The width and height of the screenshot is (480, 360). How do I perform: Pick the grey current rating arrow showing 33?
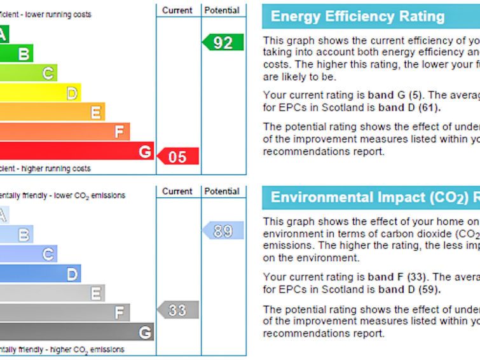point(178,310)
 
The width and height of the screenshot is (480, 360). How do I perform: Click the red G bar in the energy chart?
point(76,151)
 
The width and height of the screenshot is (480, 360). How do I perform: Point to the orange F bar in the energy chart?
point(64,132)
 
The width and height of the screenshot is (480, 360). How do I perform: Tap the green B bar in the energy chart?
point(16,53)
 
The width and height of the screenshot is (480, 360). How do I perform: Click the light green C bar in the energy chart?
point(28,73)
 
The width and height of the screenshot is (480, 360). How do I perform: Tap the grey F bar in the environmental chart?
point(64,312)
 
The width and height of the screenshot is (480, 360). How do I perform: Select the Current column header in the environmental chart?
point(177,191)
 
